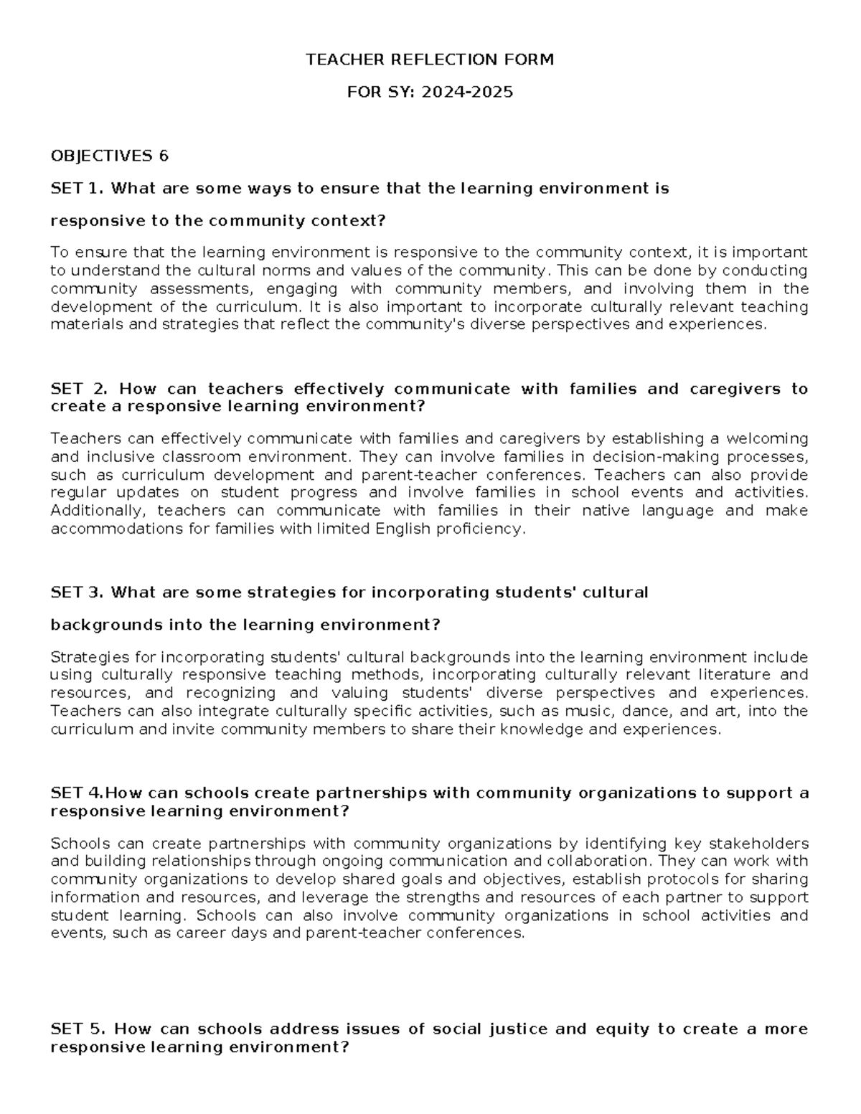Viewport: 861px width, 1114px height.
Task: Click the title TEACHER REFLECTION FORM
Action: (x=430, y=60)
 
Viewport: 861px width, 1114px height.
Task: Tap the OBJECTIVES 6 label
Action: (x=109, y=156)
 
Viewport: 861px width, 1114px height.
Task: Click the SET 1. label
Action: (x=77, y=188)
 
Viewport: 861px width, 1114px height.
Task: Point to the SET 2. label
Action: (x=79, y=389)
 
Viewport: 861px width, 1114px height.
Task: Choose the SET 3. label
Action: (x=77, y=592)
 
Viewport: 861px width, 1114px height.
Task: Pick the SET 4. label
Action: (x=77, y=793)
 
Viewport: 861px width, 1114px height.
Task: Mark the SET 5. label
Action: (x=78, y=1029)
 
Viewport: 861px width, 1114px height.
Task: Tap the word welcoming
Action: (x=767, y=438)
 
